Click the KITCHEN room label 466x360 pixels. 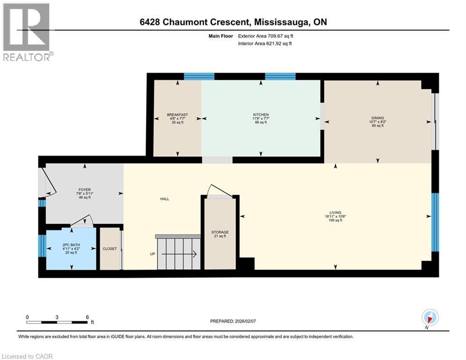[x=261, y=115]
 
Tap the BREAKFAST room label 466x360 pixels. [x=178, y=115]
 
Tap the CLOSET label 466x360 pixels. [x=110, y=249]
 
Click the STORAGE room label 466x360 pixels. [x=220, y=232]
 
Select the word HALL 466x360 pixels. [x=164, y=199]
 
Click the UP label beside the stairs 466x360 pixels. [x=152, y=254]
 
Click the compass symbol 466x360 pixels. [x=429, y=318]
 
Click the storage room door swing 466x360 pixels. [x=219, y=190]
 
